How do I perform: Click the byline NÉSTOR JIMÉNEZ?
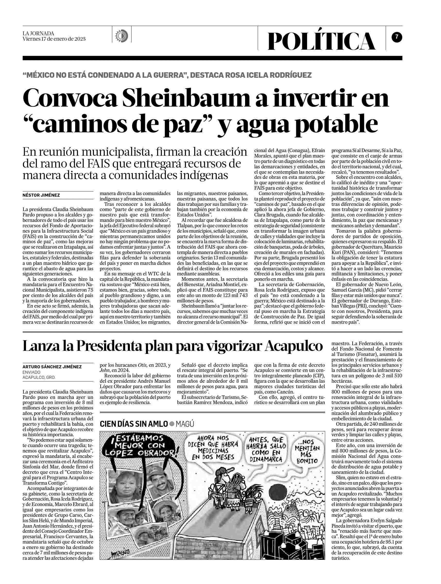pos(41,195)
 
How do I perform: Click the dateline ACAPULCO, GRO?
pos(39,378)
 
